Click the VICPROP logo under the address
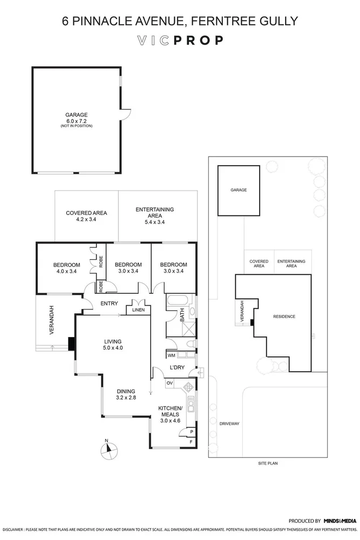180,40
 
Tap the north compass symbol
108,450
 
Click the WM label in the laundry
171,355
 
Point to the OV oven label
169,383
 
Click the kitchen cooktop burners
189,387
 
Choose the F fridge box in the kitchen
190,442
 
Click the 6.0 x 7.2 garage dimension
76,120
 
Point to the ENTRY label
109,303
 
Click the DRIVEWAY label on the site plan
229,423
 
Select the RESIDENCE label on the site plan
284,316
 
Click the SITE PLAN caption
268,463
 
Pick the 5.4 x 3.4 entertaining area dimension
154,222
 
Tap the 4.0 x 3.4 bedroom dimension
66,272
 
